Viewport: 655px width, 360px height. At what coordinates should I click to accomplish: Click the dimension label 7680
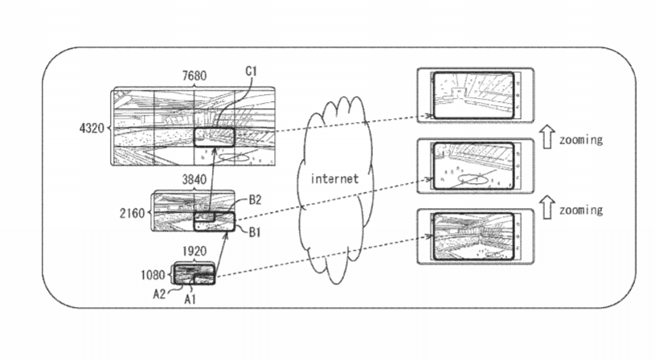tap(194, 76)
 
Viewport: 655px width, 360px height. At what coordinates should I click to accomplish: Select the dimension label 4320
tap(92, 128)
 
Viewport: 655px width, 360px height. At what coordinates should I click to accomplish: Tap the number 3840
tap(194, 179)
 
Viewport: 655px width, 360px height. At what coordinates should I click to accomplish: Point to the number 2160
tap(132, 214)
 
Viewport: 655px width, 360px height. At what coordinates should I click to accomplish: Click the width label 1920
tap(194, 251)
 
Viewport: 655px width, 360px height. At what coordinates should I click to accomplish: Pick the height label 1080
tap(153, 275)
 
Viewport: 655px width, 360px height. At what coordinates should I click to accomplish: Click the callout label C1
tap(251, 72)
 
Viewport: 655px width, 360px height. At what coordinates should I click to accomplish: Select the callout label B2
tap(255, 200)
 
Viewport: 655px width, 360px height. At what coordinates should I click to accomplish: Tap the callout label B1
tap(255, 232)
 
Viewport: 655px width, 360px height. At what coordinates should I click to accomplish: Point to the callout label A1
tap(190, 299)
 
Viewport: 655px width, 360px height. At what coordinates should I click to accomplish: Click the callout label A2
tap(159, 294)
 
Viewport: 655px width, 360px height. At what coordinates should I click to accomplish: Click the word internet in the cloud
tap(334, 179)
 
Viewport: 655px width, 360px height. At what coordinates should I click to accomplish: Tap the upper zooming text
tap(581, 140)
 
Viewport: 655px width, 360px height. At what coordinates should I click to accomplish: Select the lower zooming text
tap(581, 210)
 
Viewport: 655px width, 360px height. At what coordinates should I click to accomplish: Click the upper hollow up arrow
tap(547, 137)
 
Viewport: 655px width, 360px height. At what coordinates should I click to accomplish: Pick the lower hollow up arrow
tap(547, 207)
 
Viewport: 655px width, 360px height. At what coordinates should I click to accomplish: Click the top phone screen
tap(473, 95)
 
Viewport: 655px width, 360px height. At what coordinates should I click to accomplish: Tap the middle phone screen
tap(473, 166)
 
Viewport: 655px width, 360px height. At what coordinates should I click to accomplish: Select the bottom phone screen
tap(473, 236)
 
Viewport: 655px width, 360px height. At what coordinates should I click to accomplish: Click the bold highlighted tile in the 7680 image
tap(215, 137)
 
